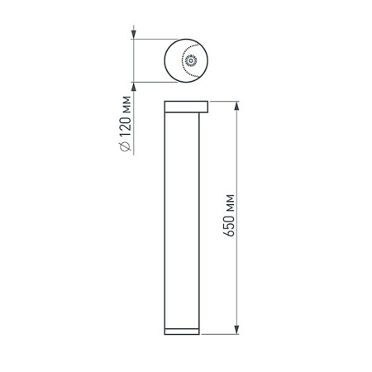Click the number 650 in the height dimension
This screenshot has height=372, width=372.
click(x=234, y=234)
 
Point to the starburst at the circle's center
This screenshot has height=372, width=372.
click(x=191, y=60)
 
